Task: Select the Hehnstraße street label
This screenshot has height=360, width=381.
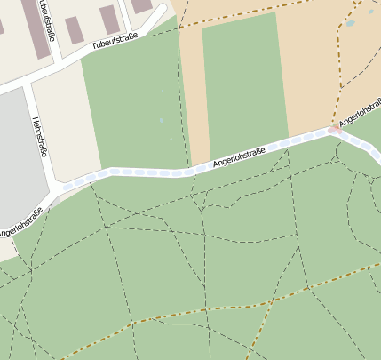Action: (39, 136)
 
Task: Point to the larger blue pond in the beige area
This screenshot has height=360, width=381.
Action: (351, 23)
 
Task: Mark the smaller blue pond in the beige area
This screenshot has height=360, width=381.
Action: (371, 11)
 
